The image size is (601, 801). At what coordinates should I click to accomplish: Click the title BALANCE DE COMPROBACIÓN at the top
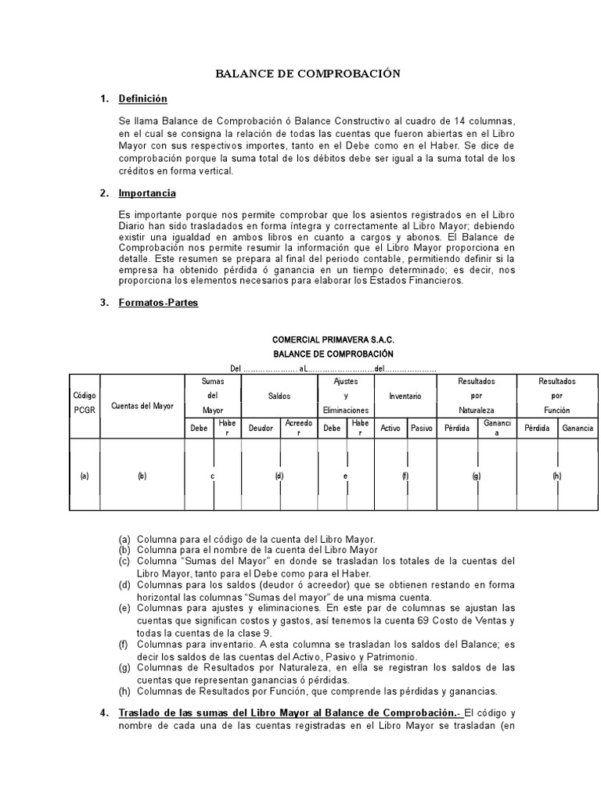pos(308,74)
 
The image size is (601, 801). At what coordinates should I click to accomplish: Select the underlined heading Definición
pos(142,99)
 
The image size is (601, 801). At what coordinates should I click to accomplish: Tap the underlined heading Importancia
pos(147,193)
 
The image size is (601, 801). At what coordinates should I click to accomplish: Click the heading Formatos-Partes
pos(158,303)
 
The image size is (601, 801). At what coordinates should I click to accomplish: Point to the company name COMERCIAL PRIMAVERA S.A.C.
pos(333,341)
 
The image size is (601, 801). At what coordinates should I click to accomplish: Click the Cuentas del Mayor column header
pos(143,405)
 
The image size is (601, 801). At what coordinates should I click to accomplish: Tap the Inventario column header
pos(405,396)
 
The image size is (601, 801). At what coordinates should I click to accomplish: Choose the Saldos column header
pos(279,396)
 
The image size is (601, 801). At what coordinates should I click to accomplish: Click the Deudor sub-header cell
pos(261,428)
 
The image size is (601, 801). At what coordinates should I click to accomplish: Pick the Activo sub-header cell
pos(390,428)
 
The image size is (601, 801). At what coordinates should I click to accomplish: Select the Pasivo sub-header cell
pos(421,428)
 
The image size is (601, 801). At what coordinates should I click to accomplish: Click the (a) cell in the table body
pos(85,476)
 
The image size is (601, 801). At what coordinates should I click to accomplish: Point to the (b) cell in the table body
pos(142,476)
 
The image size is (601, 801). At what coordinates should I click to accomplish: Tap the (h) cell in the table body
pos(556,476)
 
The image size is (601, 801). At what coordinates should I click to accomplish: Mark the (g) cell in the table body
pos(477,476)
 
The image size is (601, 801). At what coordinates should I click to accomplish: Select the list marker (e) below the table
pos(125,608)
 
